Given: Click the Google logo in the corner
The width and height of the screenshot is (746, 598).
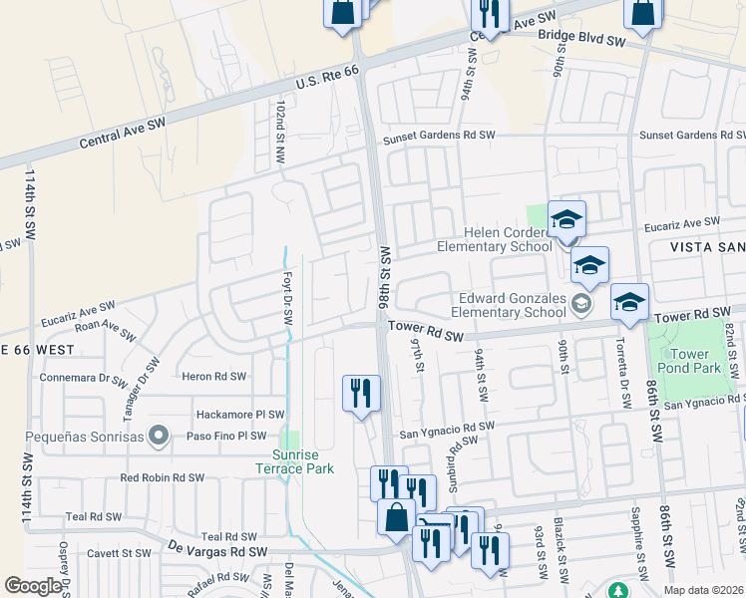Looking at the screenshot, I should pos(33,586).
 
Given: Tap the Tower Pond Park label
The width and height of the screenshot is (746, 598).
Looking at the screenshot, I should pos(689,361).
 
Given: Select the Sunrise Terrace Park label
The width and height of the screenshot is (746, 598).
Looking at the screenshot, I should pos(291,461).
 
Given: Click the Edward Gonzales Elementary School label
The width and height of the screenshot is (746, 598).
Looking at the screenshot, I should pos(513,305).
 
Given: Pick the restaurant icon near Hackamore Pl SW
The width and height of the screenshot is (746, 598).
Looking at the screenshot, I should pos(360,393).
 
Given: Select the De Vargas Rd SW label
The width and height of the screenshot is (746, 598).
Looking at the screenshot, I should pos(217,551).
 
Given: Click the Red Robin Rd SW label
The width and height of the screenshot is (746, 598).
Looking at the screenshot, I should pos(162,477).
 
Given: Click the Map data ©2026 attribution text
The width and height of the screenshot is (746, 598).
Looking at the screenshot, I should pos(703,590).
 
